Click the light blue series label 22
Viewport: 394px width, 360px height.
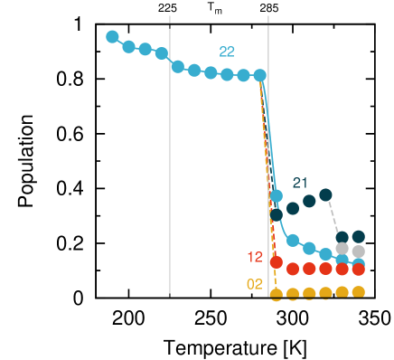click(x=227, y=52)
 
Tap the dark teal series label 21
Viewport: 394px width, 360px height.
click(x=300, y=183)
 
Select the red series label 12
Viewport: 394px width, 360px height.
click(x=255, y=257)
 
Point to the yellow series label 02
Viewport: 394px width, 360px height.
click(x=255, y=284)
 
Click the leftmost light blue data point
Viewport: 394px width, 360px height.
click(x=112, y=37)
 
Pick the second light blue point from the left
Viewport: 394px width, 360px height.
click(x=128, y=46)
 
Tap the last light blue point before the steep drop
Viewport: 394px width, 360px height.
click(x=260, y=75)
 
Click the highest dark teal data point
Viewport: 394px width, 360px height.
click(x=325, y=194)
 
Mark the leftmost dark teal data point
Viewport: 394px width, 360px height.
click(x=277, y=213)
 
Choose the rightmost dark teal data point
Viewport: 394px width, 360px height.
click(x=358, y=237)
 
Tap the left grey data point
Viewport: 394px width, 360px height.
click(x=342, y=248)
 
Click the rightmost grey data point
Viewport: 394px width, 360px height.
click(x=358, y=251)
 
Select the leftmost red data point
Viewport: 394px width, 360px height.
click(x=277, y=262)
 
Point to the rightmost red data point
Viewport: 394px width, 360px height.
click(x=358, y=269)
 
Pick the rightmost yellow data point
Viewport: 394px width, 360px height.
click(x=358, y=291)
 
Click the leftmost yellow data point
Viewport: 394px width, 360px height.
click(x=277, y=294)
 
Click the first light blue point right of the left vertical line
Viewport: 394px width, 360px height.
click(x=178, y=66)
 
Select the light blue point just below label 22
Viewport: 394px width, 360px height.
click(x=227, y=74)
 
